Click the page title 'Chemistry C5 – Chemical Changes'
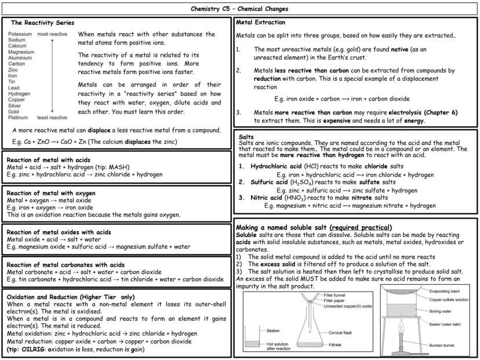[x=239, y=9]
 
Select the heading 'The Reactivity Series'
[x=42, y=23]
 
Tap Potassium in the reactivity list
[x=20, y=35]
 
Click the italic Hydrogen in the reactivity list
[x=20, y=93]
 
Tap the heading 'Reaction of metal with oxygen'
[x=51, y=193]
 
